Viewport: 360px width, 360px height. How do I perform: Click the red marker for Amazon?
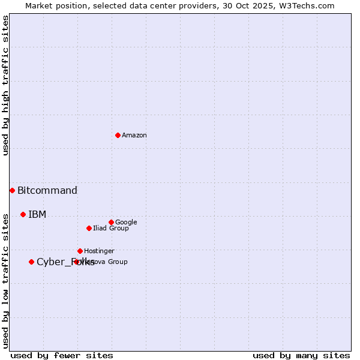118,135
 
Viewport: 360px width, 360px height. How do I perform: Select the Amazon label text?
134,136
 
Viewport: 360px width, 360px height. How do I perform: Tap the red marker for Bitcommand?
12,190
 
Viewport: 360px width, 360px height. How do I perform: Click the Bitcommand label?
47,191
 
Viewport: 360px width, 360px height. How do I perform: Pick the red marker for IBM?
23,214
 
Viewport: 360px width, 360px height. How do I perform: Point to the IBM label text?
37,215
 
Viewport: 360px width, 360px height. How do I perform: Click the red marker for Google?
111,222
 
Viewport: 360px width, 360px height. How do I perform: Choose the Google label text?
126,223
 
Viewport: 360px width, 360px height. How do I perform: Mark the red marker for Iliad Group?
89,228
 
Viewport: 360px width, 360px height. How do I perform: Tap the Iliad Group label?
111,229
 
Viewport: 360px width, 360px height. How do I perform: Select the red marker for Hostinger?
80,251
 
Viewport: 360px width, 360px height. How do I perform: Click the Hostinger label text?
99,251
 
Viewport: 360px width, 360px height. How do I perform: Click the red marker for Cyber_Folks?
31,262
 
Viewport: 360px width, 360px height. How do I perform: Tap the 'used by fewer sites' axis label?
62,355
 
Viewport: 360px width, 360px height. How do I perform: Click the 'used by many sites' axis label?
301,355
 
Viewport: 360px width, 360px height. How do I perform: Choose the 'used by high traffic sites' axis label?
5,85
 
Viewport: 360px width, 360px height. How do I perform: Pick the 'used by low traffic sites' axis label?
5,281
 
